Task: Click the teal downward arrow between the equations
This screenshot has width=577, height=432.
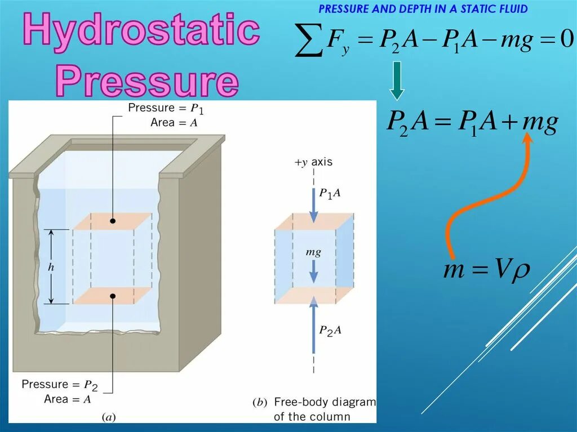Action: click(397, 81)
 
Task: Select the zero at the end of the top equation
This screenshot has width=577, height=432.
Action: click(566, 40)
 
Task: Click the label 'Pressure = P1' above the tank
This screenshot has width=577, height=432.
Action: click(163, 108)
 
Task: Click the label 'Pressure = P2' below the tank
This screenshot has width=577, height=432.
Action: click(60, 385)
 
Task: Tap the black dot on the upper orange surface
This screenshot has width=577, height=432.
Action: click(113, 221)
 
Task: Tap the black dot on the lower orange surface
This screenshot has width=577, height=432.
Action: click(113, 295)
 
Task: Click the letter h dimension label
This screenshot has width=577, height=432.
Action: click(51, 268)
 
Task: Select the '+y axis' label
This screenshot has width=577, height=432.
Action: click(313, 162)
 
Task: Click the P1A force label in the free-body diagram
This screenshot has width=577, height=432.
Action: click(330, 193)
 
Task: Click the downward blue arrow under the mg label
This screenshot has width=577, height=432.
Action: click(314, 274)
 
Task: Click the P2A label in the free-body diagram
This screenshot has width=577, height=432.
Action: click(330, 331)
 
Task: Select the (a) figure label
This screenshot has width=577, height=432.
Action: click(108, 417)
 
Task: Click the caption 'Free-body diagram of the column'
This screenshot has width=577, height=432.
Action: click(318, 409)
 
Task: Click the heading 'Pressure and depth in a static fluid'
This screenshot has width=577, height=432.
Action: click(423, 9)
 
